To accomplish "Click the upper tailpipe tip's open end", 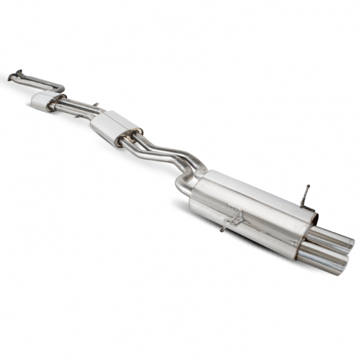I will click(x=347, y=244).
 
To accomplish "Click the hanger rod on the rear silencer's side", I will click(x=231, y=222).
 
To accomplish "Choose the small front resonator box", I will click(x=42, y=100).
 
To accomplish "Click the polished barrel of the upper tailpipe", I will click(x=327, y=238).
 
